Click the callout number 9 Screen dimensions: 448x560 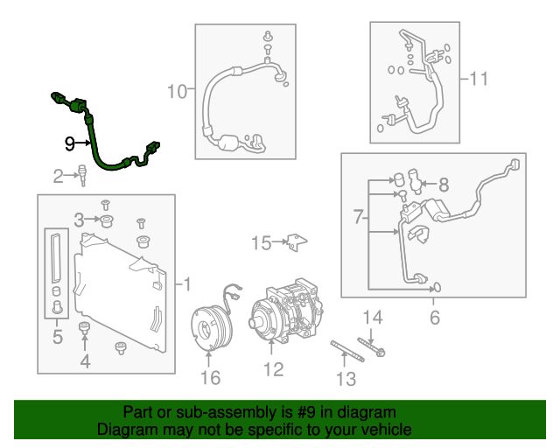(70, 142)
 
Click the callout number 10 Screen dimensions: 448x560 (177, 90)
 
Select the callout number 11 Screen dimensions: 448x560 (478, 80)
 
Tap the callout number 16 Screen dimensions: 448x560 (210, 377)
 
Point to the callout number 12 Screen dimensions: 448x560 (274, 370)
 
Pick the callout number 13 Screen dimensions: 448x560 (346, 379)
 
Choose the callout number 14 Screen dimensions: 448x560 (373, 317)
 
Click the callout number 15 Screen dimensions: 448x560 (262, 241)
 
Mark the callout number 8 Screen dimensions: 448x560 (444, 185)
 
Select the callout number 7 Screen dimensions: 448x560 (359, 215)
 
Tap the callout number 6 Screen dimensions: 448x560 (435, 317)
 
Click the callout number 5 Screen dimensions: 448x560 (58, 336)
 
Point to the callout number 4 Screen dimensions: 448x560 (85, 360)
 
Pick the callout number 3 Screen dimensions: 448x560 (79, 219)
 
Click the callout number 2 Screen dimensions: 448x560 (59, 178)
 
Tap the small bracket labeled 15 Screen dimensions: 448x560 (298, 241)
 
